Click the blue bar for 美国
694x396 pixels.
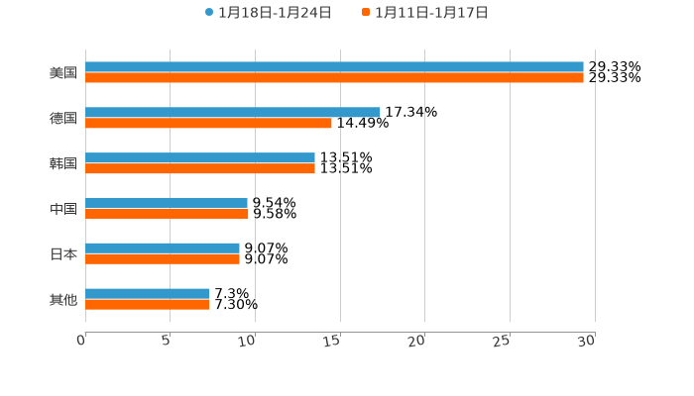[x=334, y=67]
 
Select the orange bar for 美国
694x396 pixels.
[x=334, y=78]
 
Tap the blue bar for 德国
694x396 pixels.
[x=233, y=113]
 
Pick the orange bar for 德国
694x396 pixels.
[x=208, y=124]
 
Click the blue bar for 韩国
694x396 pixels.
[x=200, y=158]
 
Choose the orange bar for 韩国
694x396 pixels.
[x=200, y=169]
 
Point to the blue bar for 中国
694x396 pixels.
[x=167, y=203]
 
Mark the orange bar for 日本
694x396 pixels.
[x=163, y=259]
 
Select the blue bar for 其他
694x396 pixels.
[x=148, y=294]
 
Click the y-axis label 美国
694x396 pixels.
[x=63, y=73]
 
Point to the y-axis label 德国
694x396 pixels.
[x=63, y=119]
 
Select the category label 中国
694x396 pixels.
[x=63, y=209]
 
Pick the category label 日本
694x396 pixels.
[x=63, y=254]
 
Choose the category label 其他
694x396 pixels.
[x=63, y=300]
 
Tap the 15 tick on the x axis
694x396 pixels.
[x=333, y=341]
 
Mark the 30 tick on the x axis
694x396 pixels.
[x=587, y=341]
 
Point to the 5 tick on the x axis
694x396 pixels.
[x=167, y=341]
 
